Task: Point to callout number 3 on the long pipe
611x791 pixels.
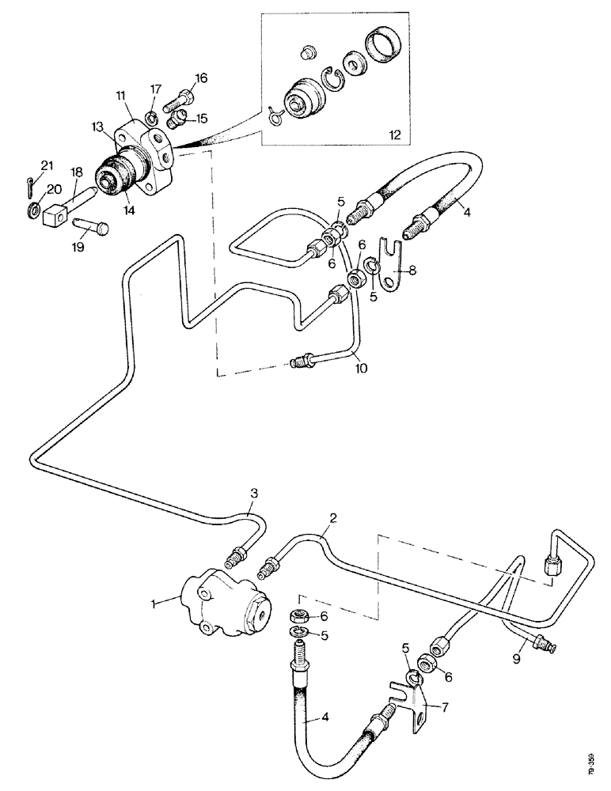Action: pos(254,494)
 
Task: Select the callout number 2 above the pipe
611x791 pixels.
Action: pos(334,519)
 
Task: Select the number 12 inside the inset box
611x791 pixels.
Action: pos(393,135)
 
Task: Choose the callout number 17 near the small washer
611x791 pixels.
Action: pos(156,89)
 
